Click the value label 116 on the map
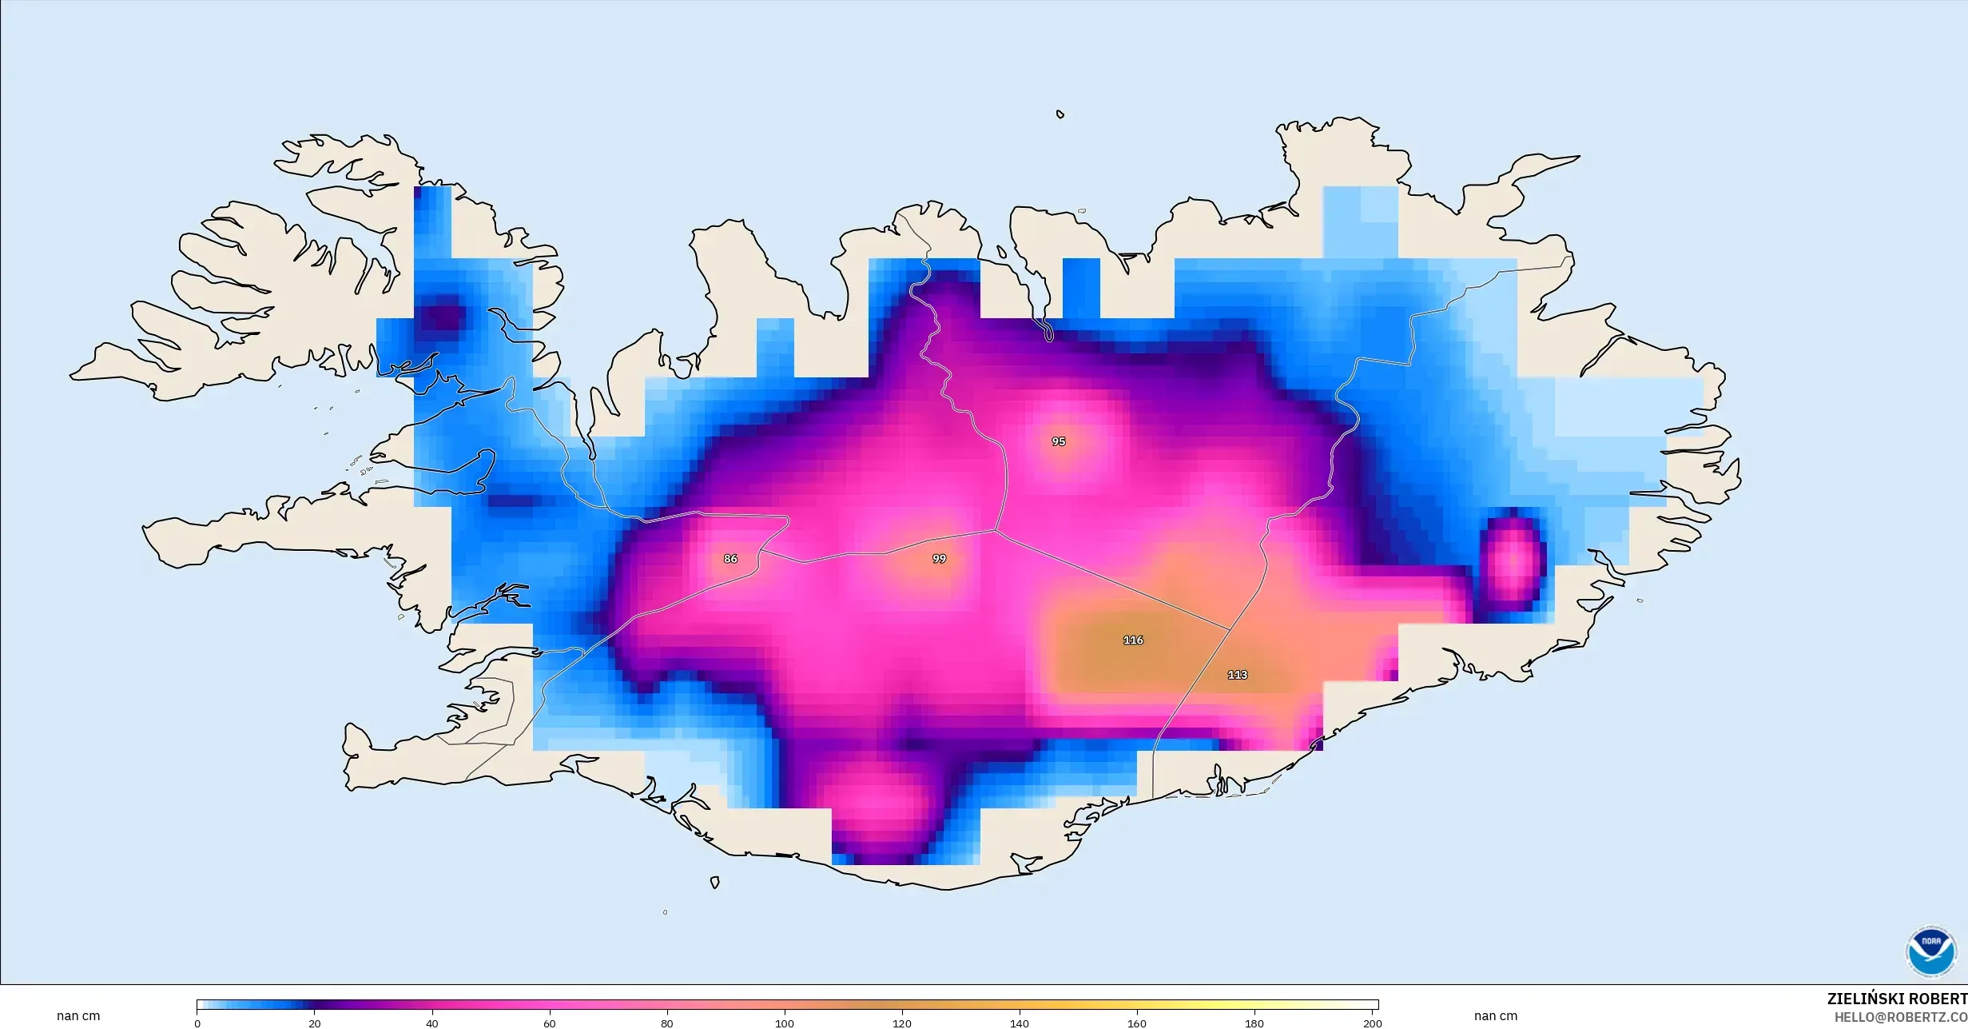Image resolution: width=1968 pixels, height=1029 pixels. coord(1133,640)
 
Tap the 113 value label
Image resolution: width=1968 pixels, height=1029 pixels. coord(1237,675)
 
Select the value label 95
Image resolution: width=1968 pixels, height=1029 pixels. coord(1059,441)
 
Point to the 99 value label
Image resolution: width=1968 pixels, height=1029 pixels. coord(939,559)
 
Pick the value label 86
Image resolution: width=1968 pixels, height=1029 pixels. coord(730,559)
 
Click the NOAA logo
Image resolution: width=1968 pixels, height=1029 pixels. coord(1930,951)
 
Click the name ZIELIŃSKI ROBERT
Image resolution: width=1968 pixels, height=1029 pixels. coord(1897,999)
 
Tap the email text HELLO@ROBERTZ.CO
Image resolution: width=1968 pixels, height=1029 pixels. coord(1900,1017)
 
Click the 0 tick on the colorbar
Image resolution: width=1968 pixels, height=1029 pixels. coord(197,1023)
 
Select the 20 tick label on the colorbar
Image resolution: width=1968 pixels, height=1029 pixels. coord(315,1023)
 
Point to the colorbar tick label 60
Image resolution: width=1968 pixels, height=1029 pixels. coord(550,1023)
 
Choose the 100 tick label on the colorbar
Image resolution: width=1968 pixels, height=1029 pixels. coord(785,1023)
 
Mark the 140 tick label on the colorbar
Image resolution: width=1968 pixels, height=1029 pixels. coord(1020,1023)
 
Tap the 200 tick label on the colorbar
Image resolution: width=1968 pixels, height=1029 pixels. coord(1372,1023)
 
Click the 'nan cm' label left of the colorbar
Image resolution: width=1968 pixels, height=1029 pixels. coord(78,1016)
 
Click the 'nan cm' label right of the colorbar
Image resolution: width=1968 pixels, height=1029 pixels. coord(1496,1016)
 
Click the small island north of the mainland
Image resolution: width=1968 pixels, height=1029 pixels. coord(1060,114)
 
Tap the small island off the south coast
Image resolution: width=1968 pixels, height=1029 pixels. coord(715,883)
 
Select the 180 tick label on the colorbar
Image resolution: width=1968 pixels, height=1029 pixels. coord(1254,1023)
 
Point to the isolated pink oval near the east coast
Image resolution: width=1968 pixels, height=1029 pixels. coord(1513,559)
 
